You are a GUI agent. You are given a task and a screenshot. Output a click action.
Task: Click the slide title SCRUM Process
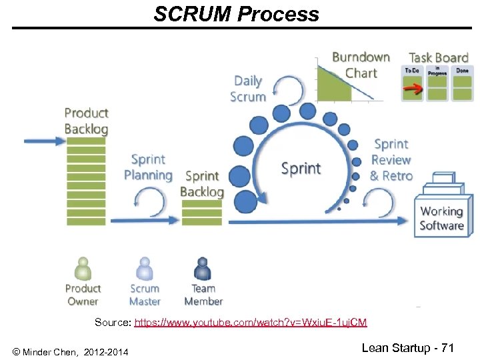pyautogui.click(x=236, y=14)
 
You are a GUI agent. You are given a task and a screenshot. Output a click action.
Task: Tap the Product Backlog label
pyautogui.click(x=86, y=121)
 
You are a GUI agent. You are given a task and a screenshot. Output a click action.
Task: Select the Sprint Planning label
pyautogui.click(x=148, y=167)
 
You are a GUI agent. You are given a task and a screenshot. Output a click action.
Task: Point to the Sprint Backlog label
pyautogui.click(x=202, y=183)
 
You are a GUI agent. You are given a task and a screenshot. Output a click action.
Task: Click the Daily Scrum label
pyautogui.click(x=248, y=89)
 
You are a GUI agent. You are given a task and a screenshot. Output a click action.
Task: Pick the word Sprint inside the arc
pyautogui.click(x=301, y=169)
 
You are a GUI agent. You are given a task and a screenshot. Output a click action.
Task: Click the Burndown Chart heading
pyautogui.click(x=361, y=65)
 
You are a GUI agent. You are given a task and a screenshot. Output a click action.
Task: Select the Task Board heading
pyautogui.click(x=438, y=57)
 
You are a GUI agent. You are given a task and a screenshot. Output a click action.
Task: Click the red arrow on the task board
pyautogui.click(x=413, y=87)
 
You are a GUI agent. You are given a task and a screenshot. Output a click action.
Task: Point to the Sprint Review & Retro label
pyautogui.click(x=391, y=160)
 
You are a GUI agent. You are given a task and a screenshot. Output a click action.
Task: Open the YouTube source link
pyautogui.click(x=250, y=323)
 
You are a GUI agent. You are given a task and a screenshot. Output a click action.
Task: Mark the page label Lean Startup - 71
pyautogui.click(x=407, y=348)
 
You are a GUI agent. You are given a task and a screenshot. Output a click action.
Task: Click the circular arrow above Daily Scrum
pyautogui.click(x=289, y=88)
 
